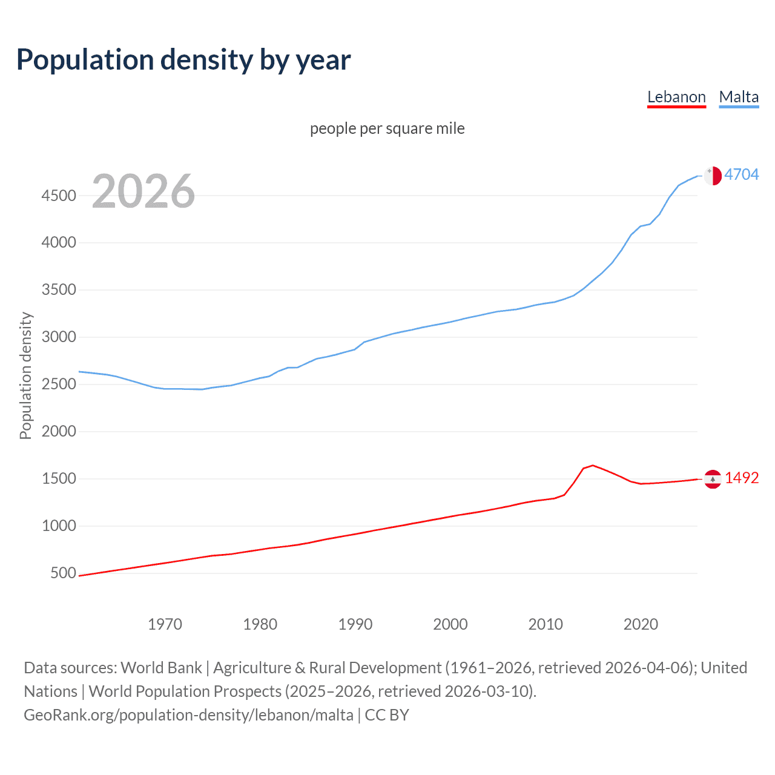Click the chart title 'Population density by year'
click(183, 60)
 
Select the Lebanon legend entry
click(676, 97)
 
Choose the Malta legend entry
click(739, 97)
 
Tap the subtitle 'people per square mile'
click(387, 128)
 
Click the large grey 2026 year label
click(143, 191)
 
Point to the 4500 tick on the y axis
click(59, 196)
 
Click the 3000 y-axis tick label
click(59, 337)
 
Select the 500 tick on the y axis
click(63, 573)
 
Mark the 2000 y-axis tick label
click(59, 432)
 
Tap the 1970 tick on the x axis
click(165, 624)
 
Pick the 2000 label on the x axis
click(450, 624)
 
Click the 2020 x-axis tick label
click(641, 624)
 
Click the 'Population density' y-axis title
click(25, 375)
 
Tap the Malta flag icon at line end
click(713, 176)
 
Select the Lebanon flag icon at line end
click(713, 479)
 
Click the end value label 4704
click(741, 175)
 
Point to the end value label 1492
click(741, 478)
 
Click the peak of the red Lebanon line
click(593, 465)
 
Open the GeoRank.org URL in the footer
click(188, 715)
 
